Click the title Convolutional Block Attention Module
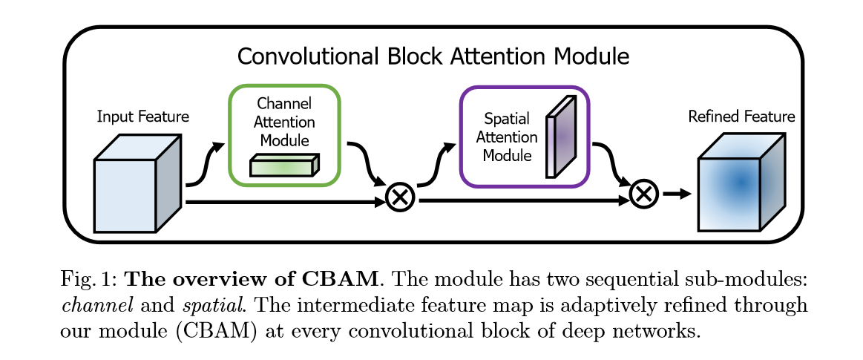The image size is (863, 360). pos(433,57)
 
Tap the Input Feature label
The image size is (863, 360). pos(143,117)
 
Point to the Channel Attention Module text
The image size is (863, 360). pos(284,122)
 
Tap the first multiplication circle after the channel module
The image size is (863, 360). pos(401,197)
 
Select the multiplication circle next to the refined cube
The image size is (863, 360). pos(643,194)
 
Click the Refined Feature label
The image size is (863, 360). pos(741,117)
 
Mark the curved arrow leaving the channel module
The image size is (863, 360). pos(366,163)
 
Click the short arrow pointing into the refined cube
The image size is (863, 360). pos(676,194)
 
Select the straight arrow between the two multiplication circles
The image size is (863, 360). pos(519,200)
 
